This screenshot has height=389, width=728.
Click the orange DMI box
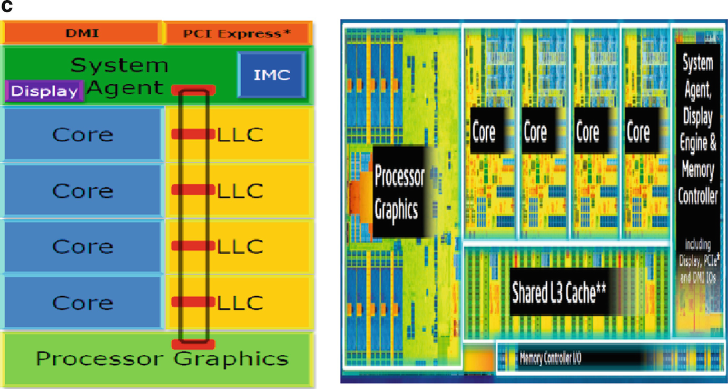coord(82,33)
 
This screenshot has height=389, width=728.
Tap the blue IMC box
coord(271,74)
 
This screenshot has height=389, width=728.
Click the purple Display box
coord(44,91)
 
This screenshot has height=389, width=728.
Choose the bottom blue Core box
coord(82,302)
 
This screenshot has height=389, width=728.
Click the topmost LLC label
coord(240,134)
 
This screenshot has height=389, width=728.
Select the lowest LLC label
coord(240,302)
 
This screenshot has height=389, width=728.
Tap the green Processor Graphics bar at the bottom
coord(161,358)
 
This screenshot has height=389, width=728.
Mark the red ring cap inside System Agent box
coord(193,90)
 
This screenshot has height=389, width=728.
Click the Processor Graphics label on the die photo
coord(399,192)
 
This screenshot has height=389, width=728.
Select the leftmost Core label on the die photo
coord(484,132)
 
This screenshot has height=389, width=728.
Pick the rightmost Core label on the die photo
coord(638,132)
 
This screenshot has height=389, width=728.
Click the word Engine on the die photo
coord(699,143)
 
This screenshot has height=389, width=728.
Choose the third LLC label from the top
coord(240,246)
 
